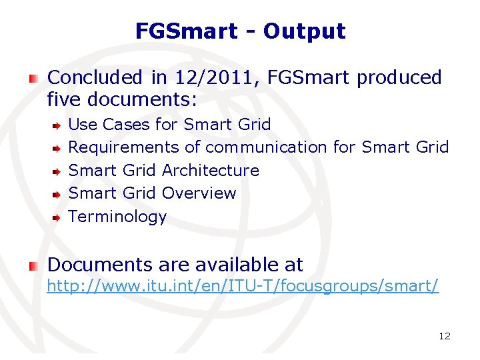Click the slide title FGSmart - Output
[x=240, y=31]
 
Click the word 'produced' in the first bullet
[x=399, y=78]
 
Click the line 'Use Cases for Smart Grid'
[x=170, y=124]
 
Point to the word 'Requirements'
[x=124, y=147]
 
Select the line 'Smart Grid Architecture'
[x=164, y=170]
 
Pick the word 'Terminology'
[x=117, y=217]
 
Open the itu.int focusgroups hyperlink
[x=242, y=287]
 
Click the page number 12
[x=445, y=336]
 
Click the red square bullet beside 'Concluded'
[x=33, y=79]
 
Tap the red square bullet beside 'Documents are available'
[x=33, y=265]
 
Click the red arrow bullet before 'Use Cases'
[x=58, y=125]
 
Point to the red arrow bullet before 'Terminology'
[x=58, y=217]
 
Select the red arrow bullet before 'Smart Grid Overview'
[x=58, y=194]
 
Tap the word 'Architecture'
[x=211, y=170]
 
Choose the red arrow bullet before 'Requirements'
[x=58, y=147]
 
